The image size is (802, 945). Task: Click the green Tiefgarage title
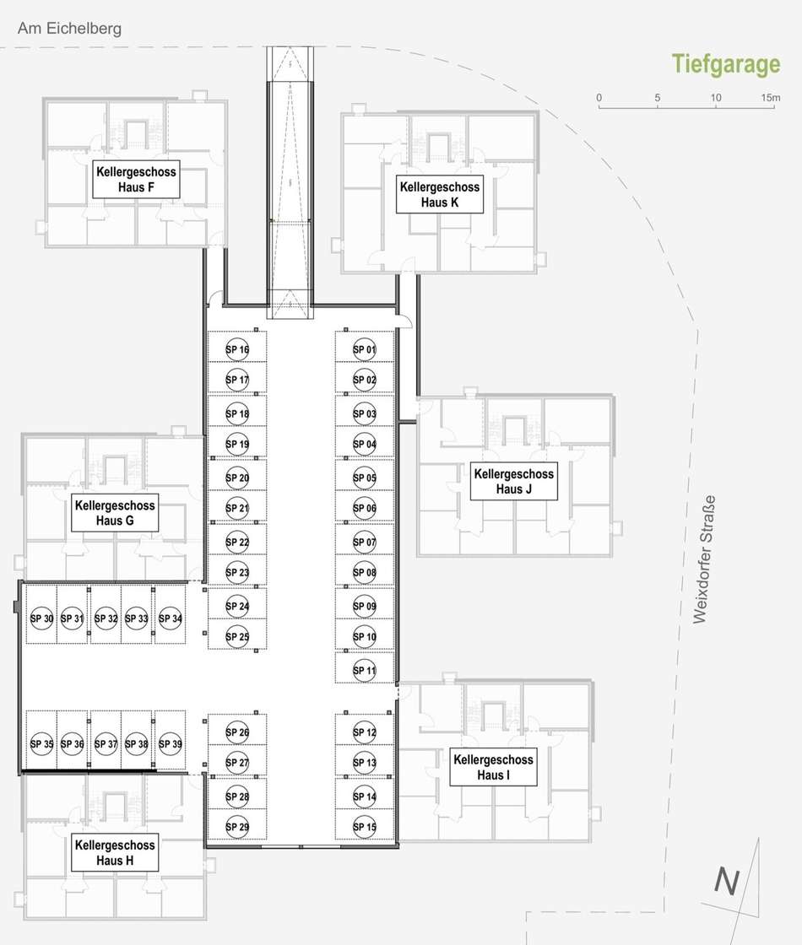click(x=726, y=64)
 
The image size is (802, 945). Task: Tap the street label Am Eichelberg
click(x=69, y=29)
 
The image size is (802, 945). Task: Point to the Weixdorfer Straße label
click(x=704, y=559)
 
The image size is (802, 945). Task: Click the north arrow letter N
click(x=727, y=881)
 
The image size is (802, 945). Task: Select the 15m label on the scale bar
click(x=770, y=98)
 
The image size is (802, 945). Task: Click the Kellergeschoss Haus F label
click(x=136, y=179)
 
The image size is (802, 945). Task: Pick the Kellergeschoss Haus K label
click(x=440, y=194)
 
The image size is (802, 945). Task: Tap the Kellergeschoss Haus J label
click(x=514, y=481)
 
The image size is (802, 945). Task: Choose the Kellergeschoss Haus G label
click(x=115, y=512)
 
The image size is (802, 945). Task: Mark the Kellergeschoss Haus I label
click(x=493, y=767)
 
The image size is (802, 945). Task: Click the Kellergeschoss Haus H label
click(x=115, y=852)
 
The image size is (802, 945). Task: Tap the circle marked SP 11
click(x=364, y=670)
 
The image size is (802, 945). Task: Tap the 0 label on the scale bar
click(x=599, y=98)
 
